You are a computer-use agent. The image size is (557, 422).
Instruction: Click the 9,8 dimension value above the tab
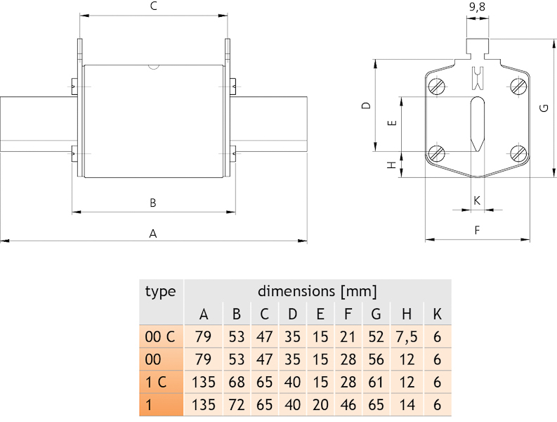(478, 8)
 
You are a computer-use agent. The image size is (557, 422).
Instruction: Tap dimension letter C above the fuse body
(153, 6)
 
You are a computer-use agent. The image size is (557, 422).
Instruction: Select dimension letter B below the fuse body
(153, 203)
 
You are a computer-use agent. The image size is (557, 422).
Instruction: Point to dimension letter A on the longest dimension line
(153, 234)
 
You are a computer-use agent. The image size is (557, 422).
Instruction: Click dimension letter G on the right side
(544, 108)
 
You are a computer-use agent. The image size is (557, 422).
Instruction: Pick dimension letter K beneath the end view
(477, 200)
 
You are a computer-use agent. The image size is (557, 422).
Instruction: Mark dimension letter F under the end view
(477, 230)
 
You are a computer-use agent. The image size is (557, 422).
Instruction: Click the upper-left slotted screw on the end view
(437, 87)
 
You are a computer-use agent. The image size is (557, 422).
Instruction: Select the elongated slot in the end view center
(477, 123)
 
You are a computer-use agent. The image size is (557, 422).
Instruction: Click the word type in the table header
(160, 290)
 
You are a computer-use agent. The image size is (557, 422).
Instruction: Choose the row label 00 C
(159, 337)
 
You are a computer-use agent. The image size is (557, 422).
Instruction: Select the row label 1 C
(155, 383)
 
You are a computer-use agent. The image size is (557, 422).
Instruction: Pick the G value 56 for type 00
(376, 360)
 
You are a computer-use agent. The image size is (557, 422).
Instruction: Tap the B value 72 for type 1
(237, 407)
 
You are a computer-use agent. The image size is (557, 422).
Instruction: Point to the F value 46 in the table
(348, 407)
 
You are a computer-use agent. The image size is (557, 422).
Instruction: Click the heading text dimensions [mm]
(317, 290)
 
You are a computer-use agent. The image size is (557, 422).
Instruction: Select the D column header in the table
(292, 314)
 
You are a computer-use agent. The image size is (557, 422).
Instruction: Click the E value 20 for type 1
(320, 407)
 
